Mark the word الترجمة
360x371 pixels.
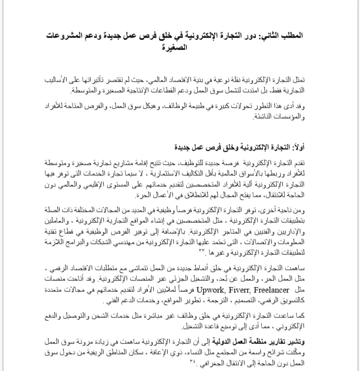(203, 300)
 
